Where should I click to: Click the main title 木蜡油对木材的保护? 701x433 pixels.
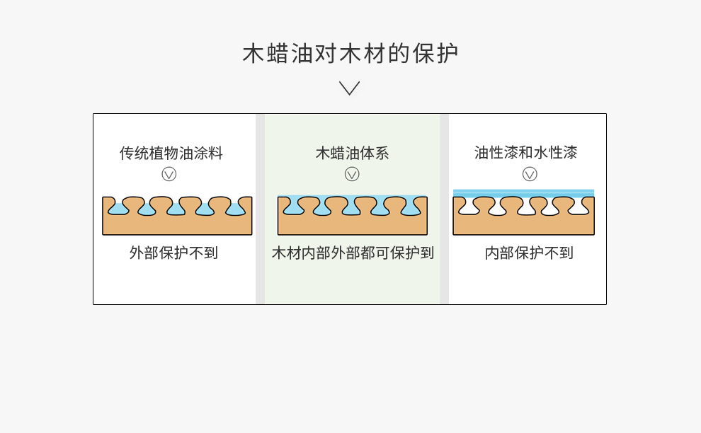pos(350,54)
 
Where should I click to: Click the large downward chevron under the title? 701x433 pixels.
pos(349,88)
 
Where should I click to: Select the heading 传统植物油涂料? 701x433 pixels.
pos(171,153)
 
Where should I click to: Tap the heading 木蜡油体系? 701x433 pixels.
pos(352,153)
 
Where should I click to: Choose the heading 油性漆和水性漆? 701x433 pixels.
pos(525,152)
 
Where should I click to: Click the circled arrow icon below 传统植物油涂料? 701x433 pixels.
pos(169,174)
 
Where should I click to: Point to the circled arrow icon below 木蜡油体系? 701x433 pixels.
pos(352,174)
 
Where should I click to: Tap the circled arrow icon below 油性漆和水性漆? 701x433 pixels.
pos(530,174)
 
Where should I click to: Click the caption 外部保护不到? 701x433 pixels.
pos(173,253)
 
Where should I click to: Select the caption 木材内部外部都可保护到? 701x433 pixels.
pos(353,253)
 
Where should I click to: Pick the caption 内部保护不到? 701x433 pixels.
pos(529,253)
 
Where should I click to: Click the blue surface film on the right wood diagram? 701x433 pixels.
pos(523,193)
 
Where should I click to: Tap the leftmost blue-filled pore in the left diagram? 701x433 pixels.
pos(118,208)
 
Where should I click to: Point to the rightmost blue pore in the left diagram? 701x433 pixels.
pos(236,209)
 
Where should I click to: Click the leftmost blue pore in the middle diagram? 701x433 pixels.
pos(294,207)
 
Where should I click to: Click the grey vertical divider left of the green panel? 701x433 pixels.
pos(260,209)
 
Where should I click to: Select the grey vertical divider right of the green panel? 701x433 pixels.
pos(445,209)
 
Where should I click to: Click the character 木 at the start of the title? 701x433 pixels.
pos(253,54)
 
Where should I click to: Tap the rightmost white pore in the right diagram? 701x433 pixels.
pos(579,207)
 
